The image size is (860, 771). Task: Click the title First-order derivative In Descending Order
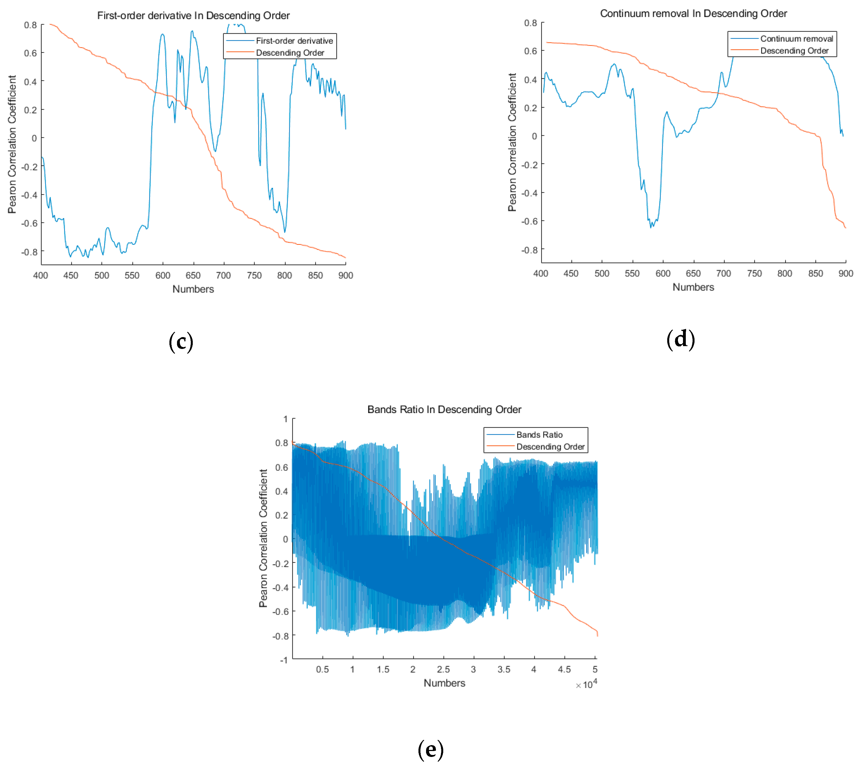click(193, 16)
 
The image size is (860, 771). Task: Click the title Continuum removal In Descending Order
click(693, 14)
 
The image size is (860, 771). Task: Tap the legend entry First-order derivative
click(294, 41)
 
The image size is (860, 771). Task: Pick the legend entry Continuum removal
click(796, 39)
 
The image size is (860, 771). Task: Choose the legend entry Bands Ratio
click(539, 435)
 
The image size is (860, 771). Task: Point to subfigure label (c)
click(181, 341)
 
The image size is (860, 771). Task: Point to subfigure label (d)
click(680, 339)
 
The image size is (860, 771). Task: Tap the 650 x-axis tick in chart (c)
click(193, 275)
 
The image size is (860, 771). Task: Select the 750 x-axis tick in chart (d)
click(754, 273)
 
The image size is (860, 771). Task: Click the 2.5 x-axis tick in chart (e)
click(443, 669)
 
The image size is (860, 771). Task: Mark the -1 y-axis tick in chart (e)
click(284, 660)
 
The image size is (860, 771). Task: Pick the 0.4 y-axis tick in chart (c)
click(30, 81)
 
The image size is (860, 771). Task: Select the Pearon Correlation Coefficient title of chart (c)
click(12, 144)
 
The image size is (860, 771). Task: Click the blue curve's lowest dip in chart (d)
click(651, 227)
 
